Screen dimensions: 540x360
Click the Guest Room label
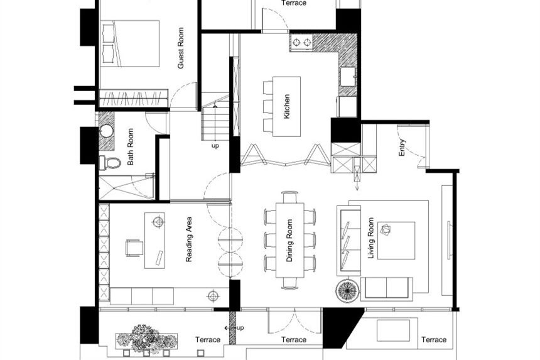click(181, 48)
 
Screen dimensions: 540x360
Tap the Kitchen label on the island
click(286, 106)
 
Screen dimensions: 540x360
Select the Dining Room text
click(289, 241)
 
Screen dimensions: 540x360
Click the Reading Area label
click(189, 239)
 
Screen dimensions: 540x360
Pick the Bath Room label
click(131, 147)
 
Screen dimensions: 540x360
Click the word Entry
click(402, 148)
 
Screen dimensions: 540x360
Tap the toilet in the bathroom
click(110, 163)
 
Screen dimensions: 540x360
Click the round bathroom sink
click(106, 131)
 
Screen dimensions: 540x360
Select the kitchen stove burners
click(301, 42)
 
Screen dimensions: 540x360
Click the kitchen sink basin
click(348, 77)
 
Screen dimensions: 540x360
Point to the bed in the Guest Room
click(130, 43)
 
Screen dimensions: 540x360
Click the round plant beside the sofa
click(347, 291)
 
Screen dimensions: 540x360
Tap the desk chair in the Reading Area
click(134, 248)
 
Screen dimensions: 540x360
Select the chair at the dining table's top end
click(290, 197)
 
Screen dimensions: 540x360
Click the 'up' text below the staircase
click(215, 146)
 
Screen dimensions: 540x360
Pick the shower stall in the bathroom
click(126, 187)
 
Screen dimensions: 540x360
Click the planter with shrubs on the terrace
click(147, 340)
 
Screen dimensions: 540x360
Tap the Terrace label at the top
click(294, 3)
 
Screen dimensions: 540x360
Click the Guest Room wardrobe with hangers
click(134, 99)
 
